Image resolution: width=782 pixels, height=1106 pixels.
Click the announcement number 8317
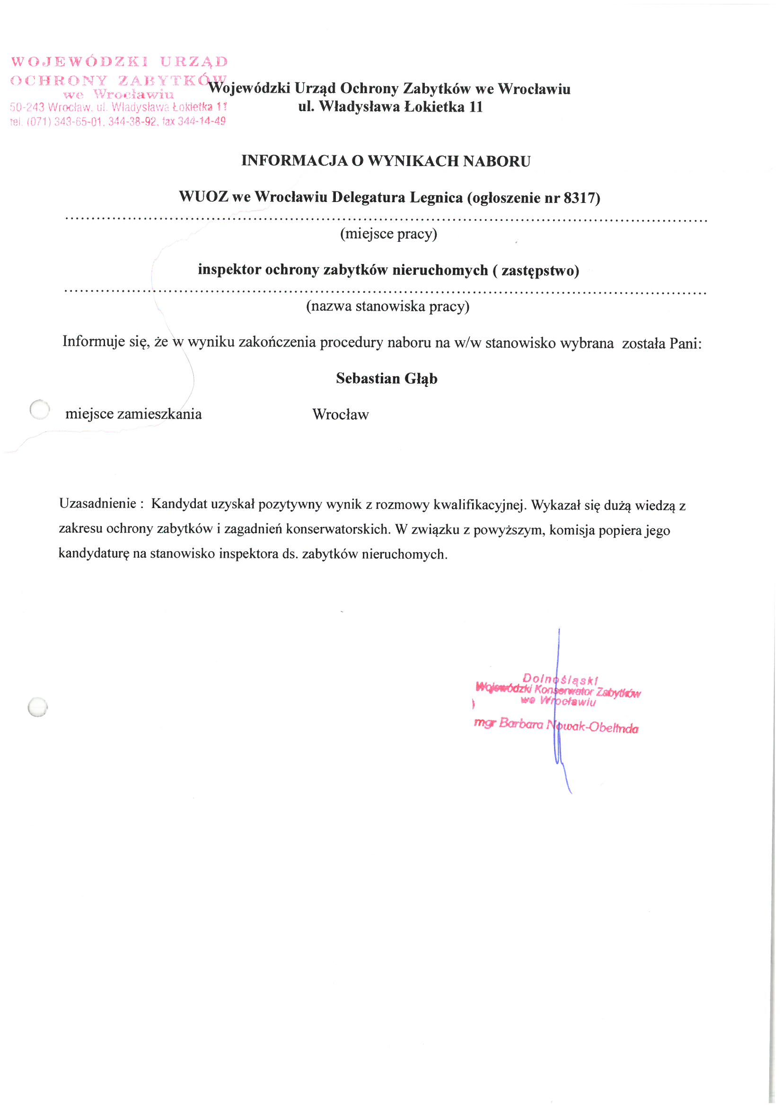tap(579, 198)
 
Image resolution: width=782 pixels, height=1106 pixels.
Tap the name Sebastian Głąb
tap(387, 378)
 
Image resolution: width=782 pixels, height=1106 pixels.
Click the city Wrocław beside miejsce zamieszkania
tap(340, 415)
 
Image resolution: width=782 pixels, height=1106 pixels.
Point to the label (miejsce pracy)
tap(388, 234)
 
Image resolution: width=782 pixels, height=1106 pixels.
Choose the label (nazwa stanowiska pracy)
tap(387, 307)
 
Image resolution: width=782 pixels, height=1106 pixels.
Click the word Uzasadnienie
tap(98, 504)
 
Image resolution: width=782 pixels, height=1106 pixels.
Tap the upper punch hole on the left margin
tap(40, 410)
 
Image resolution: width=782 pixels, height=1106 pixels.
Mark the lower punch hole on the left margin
tap(37, 707)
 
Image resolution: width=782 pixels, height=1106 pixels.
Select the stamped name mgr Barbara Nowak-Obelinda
tap(556, 726)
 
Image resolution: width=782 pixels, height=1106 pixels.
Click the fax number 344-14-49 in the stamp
tap(202, 122)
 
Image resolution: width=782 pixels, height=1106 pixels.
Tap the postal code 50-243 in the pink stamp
tap(27, 107)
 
